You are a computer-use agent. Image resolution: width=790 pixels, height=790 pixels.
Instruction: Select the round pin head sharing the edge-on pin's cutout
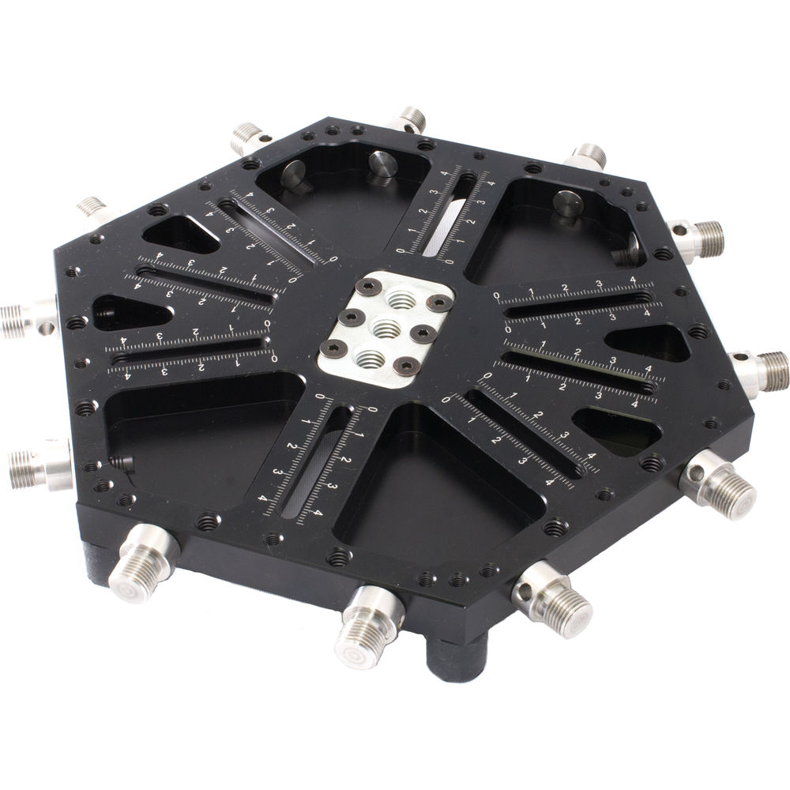click(567, 202)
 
